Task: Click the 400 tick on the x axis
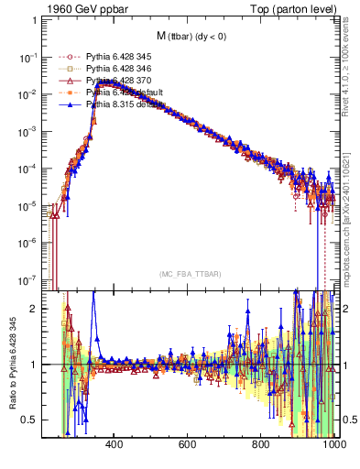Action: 115,444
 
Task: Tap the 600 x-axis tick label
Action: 188,444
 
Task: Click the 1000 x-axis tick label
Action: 333,444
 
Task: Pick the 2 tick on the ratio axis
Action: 35,308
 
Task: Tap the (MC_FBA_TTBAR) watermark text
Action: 190,274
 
